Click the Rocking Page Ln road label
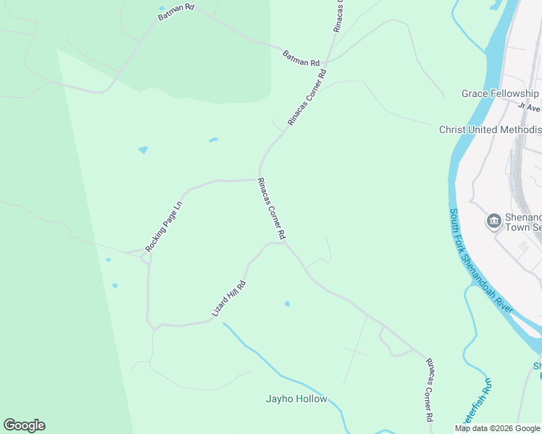(x=164, y=226)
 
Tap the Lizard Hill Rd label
(x=229, y=298)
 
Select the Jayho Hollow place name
(x=296, y=399)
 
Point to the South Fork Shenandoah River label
(x=482, y=261)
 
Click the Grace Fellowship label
(x=501, y=94)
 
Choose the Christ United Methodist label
(x=490, y=129)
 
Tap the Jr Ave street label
(x=530, y=106)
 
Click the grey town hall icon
(x=494, y=221)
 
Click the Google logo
(x=24, y=425)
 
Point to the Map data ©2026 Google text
(x=498, y=428)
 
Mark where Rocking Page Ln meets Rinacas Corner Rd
(x=258, y=179)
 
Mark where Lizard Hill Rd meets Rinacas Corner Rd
(x=285, y=244)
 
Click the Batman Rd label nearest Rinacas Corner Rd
(x=301, y=58)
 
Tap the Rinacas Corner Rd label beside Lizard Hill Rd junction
(x=272, y=210)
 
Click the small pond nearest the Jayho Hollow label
(x=288, y=304)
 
